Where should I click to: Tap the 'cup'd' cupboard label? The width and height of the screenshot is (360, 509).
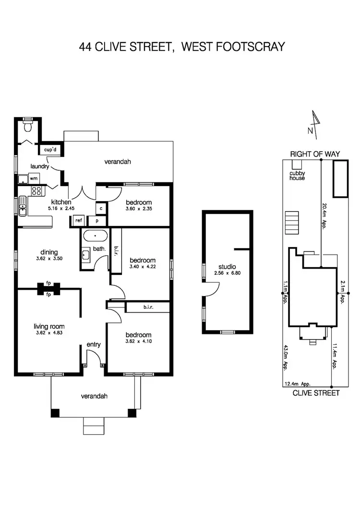[50, 150]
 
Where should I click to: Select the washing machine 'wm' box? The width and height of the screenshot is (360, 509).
[34, 178]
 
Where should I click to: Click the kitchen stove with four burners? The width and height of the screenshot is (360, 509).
[36, 191]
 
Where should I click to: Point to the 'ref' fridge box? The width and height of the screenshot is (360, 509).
[78, 221]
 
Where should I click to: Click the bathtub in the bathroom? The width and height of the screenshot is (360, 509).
[96, 236]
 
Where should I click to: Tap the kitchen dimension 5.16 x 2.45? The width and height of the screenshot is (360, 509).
[59, 209]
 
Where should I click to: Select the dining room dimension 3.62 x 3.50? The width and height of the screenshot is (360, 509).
[49, 258]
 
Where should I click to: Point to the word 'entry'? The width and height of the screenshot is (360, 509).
[93, 344]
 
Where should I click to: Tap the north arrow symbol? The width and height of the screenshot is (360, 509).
[314, 122]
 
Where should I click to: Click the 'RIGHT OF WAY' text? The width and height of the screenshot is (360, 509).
[314, 154]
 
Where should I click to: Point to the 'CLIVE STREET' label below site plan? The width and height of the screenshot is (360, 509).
[316, 393]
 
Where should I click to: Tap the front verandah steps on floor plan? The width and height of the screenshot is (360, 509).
[93, 424]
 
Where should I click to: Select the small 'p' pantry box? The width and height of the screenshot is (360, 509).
[96, 221]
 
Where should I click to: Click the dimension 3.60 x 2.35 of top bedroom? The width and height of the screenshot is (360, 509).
[138, 209]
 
